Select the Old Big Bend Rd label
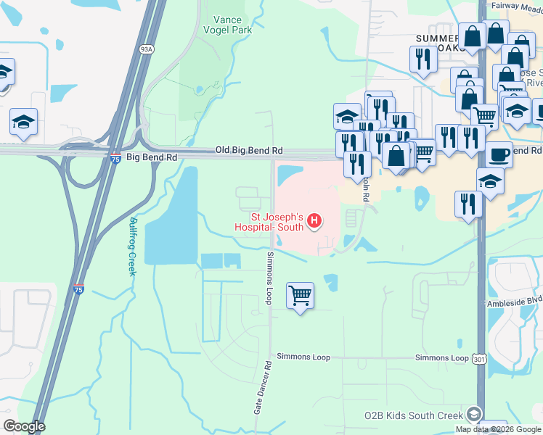point(248,150)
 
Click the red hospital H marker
point(314,220)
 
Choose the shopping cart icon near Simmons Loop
point(300,296)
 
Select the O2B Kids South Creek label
point(413,415)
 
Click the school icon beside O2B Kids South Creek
point(474,414)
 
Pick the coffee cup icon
point(499,155)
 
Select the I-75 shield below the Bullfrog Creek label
point(78,289)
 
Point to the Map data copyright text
point(498,429)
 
